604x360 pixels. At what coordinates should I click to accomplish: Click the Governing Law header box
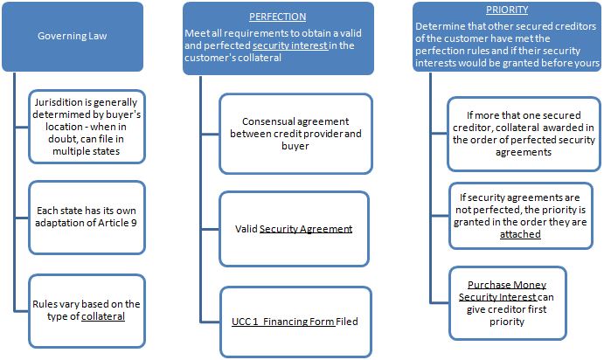[x=73, y=37]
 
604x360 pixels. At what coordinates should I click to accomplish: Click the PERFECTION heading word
[x=277, y=17]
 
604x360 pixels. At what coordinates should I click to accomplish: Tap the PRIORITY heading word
[x=507, y=10]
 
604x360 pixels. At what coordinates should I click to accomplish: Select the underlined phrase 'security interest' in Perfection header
[x=290, y=45]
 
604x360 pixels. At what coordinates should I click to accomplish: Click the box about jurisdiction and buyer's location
[x=87, y=127]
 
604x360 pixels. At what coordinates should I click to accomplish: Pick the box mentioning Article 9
[x=87, y=218]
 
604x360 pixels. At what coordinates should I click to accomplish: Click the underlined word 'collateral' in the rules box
[x=103, y=316]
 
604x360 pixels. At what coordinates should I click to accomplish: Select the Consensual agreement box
[x=295, y=134]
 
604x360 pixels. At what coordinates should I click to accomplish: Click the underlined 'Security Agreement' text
[x=306, y=229]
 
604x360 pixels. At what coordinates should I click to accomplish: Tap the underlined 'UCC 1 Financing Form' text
[x=283, y=322]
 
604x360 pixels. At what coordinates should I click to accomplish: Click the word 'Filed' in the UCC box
[x=347, y=322]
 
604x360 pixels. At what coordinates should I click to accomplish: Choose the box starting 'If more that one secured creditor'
[x=524, y=134]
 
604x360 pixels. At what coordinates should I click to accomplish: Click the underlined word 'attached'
[x=520, y=234]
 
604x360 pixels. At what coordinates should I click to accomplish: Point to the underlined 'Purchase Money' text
[x=507, y=285]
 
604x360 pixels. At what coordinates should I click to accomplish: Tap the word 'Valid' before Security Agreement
[x=246, y=229]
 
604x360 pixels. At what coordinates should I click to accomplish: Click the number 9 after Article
[x=134, y=223]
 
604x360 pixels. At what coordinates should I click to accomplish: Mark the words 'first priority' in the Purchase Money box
[x=507, y=315]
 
